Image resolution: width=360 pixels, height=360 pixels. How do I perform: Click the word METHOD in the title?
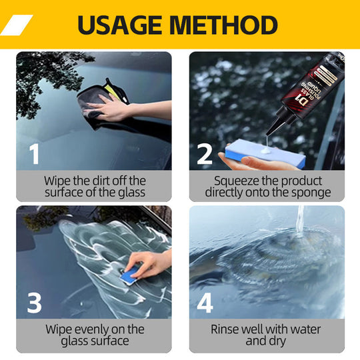(223, 25)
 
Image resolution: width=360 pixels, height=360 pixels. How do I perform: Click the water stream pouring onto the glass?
(301, 220)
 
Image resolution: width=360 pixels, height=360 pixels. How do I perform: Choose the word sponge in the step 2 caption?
(311, 193)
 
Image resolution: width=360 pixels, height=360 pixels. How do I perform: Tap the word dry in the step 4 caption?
(278, 341)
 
